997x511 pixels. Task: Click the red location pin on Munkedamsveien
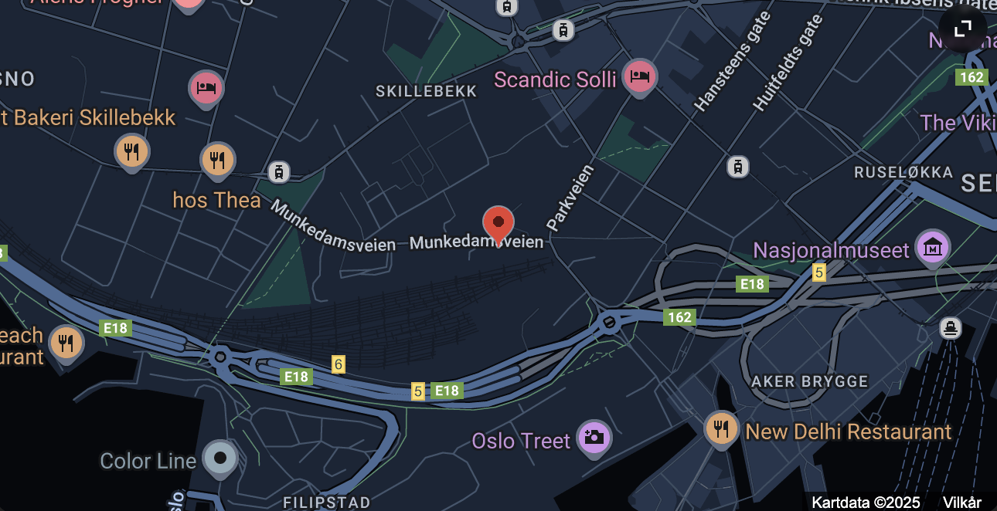(498, 224)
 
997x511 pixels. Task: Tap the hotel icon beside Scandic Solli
(639, 76)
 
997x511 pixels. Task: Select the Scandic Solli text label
(555, 80)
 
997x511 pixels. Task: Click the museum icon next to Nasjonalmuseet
(932, 248)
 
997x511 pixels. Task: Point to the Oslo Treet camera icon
(594, 437)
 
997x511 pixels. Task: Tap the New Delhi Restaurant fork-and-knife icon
(721, 428)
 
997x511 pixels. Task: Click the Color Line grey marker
(220, 459)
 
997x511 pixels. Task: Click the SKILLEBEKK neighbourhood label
(427, 91)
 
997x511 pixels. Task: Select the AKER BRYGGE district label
(810, 381)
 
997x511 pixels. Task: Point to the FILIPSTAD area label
(327, 503)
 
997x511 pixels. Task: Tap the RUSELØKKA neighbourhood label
(903, 172)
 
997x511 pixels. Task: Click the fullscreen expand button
(962, 29)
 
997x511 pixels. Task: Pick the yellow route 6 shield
(338, 364)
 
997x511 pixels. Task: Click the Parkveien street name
(570, 198)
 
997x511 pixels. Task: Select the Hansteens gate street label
(733, 62)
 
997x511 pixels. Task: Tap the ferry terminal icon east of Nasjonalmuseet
(951, 327)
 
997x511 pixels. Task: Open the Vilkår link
(962, 503)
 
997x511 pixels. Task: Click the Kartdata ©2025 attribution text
(866, 503)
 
